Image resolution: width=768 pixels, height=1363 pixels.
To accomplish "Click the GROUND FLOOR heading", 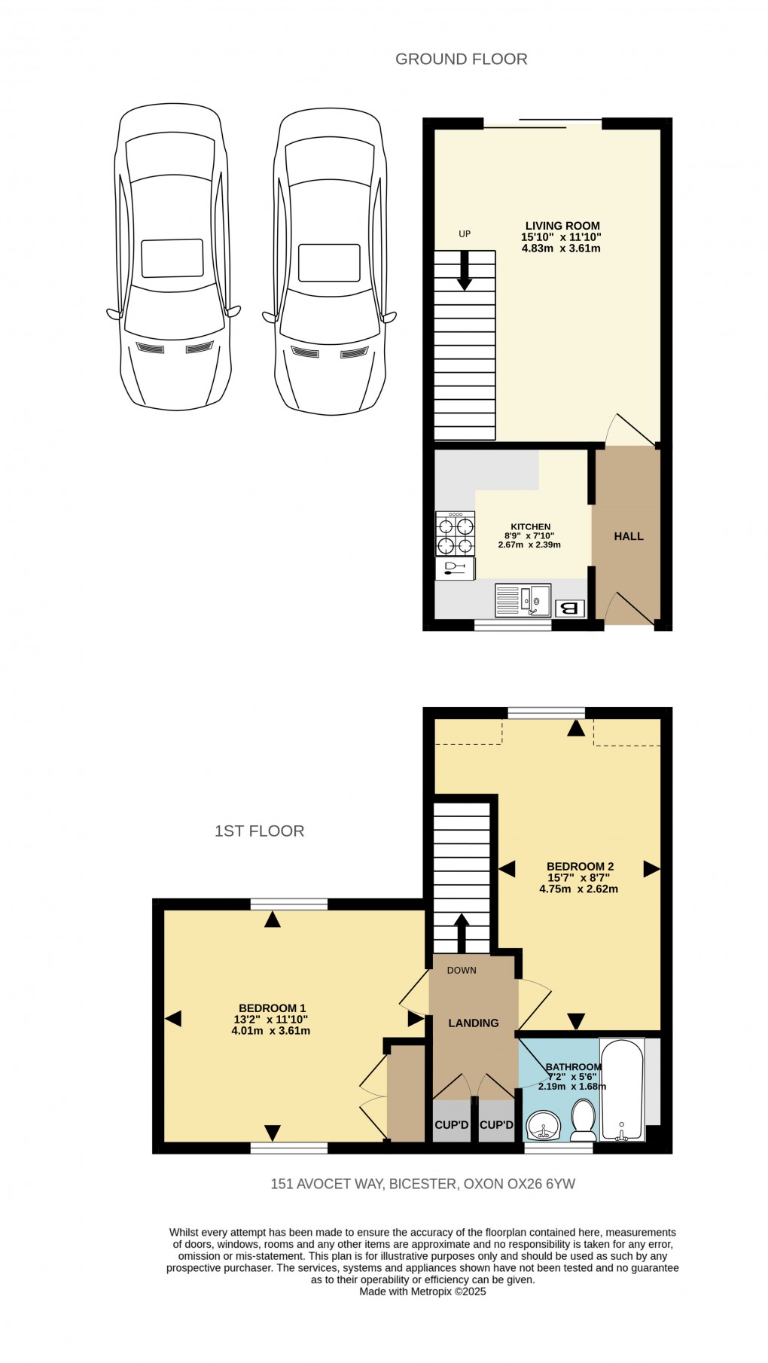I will (461, 59).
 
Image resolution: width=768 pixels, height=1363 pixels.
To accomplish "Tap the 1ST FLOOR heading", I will (259, 831).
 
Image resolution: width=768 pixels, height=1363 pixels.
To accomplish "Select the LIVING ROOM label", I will (562, 225).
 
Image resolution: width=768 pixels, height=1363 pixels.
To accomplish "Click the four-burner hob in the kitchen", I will (455, 533).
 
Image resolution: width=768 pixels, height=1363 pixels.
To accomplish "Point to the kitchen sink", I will (523, 600).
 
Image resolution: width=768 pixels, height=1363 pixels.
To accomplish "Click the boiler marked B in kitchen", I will (569, 608).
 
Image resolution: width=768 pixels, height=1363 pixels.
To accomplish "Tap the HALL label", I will (628, 536).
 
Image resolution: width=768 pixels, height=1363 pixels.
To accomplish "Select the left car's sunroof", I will (172, 258).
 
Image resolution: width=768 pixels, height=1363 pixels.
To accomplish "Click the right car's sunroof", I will (328, 262).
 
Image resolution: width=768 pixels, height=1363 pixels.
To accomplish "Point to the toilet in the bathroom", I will (583, 1120).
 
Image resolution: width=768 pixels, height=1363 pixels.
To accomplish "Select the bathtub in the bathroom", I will (622, 1088).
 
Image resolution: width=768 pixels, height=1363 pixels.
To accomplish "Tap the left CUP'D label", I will (452, 1125).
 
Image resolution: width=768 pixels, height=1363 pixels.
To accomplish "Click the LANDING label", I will (473, 1023).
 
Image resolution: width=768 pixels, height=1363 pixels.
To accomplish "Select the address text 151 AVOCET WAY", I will (329, 1183).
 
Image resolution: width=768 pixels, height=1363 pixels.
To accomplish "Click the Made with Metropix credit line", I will (422, 1291).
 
